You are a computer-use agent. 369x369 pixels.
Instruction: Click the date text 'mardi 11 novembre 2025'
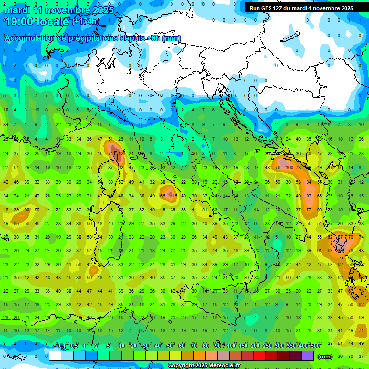click(59, 10)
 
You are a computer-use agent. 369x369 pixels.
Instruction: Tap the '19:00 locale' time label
click(36, 22)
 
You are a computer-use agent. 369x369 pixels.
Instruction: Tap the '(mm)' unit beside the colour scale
click(325, 357)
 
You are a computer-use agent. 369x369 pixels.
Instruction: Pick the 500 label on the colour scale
click(315, 346)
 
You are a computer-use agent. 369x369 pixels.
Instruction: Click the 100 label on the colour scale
click(231, 346)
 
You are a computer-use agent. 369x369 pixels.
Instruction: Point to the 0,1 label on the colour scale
click(62, 346)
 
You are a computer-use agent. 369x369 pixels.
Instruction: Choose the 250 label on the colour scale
click(267, 346)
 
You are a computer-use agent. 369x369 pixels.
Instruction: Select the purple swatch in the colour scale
click(307, 356)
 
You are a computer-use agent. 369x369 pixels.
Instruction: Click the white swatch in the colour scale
click(55, 356)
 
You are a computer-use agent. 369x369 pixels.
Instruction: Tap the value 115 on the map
click(173, 196)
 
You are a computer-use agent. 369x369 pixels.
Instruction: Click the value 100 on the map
click(289, 167)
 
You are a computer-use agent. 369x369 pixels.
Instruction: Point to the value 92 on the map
click(309, 196)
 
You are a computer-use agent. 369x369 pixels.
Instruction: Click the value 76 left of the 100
click(278, 167)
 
